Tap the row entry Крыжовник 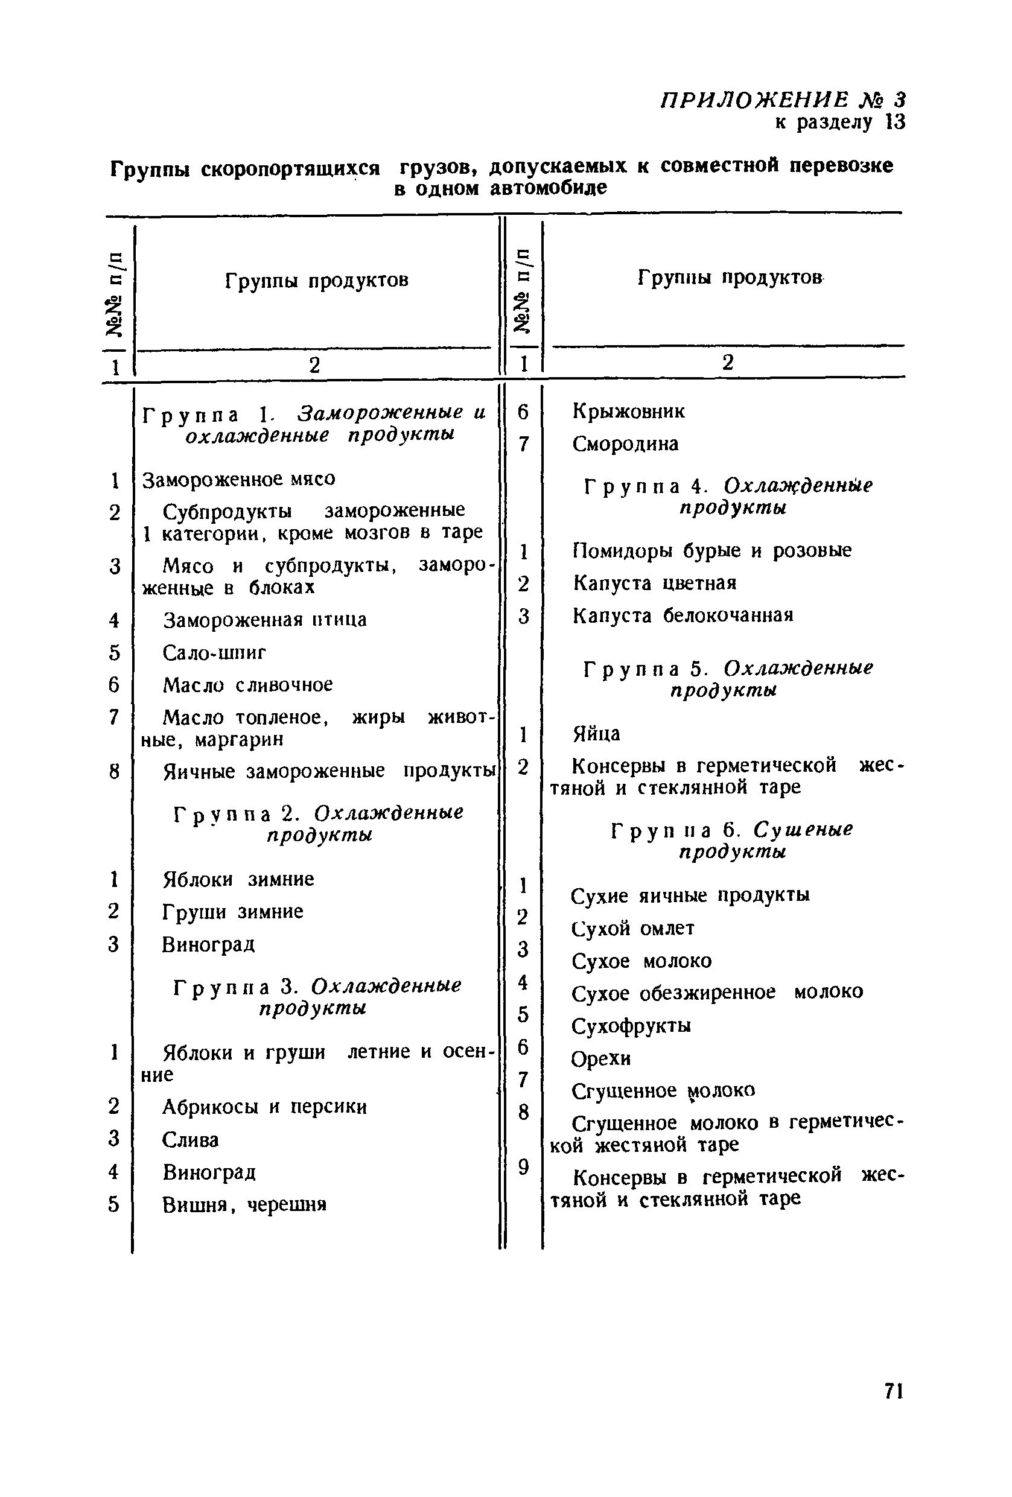coord(628,411)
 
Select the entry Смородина coord(625,444)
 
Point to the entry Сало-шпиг coord(214,652)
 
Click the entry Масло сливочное coord(247,684)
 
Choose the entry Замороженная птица coord(264,620)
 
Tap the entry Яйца coord(596,734)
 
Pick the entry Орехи coord(600,1058)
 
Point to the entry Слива coord(190,1140)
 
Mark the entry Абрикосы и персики coord(264,1107)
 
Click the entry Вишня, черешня coord(244,1204)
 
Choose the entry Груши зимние coord(232,912)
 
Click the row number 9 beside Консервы coord(523,1166)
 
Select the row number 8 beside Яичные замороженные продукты coord(114,771)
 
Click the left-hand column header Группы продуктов coord(316,281)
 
